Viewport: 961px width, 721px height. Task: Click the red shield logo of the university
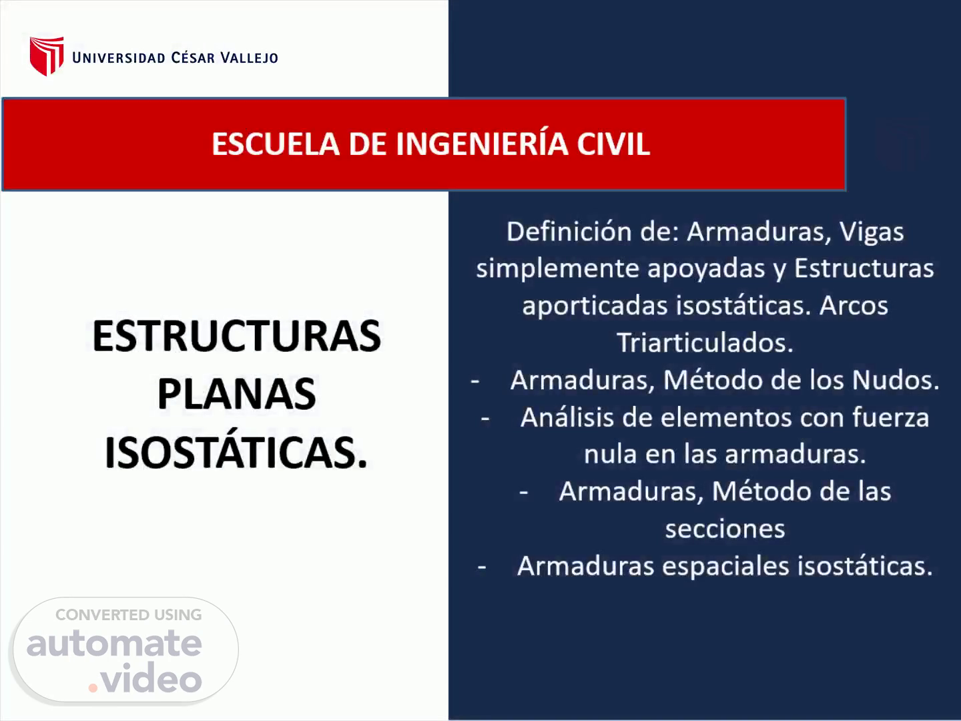pyautogui.click(x=47, y=56)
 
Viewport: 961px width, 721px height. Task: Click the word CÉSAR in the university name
pyautogui.click(x=193, y=57)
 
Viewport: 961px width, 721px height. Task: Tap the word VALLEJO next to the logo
pyautogui.click(x=249, y=57)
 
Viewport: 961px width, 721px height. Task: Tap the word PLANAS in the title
pyautogui.click(x=236, y=394)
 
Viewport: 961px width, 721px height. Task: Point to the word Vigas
pyautogui.click(x=872, y=232)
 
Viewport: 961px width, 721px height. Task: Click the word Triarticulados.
pyautogui.click(x=705, y=342)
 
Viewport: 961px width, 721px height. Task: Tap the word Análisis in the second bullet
pyautogui.click(x=567, y=417)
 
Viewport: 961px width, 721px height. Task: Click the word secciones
pyautogui.click(x=725, y=529)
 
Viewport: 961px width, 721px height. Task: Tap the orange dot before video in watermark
pyautogui.click(x=93, y=688)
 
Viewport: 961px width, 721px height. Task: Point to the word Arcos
pyautogui.click(x=854, y=306)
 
